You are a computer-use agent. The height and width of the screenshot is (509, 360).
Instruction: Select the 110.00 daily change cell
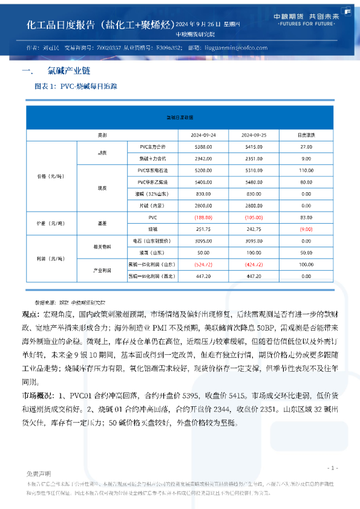[x=306, y=170]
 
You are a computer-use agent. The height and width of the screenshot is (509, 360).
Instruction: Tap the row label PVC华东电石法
[x=148, y=170]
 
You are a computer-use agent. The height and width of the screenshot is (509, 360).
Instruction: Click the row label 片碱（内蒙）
[x=148, y=206]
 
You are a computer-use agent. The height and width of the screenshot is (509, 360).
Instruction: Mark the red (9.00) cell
[x=306, y=229]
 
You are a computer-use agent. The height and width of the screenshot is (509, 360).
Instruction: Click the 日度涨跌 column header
[x=306, y=134]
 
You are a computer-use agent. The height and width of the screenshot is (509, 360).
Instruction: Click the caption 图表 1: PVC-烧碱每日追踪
[x=76, y=86]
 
